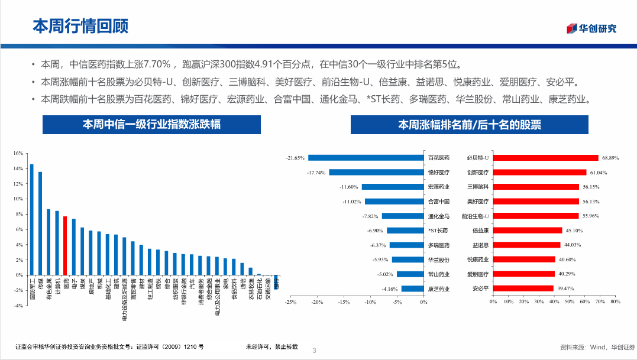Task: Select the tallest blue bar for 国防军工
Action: (32, 219)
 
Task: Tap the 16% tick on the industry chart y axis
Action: (18, 153)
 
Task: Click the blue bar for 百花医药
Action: (366, 158)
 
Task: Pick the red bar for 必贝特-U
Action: (546, 158)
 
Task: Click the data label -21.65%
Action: (295, 158)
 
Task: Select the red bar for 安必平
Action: (523, 288)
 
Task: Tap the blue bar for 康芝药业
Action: (412, 288)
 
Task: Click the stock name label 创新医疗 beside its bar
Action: (478, 173)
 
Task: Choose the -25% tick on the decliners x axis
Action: (290, 302)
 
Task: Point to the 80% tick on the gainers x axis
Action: (615, 302)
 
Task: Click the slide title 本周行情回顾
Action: (80, 26)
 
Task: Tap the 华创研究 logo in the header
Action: (591, 28)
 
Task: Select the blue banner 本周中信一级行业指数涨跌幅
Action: (152, 125)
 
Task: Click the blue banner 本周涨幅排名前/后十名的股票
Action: (470, 125)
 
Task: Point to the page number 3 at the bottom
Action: (314, 351)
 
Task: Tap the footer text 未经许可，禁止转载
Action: (272, 347)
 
